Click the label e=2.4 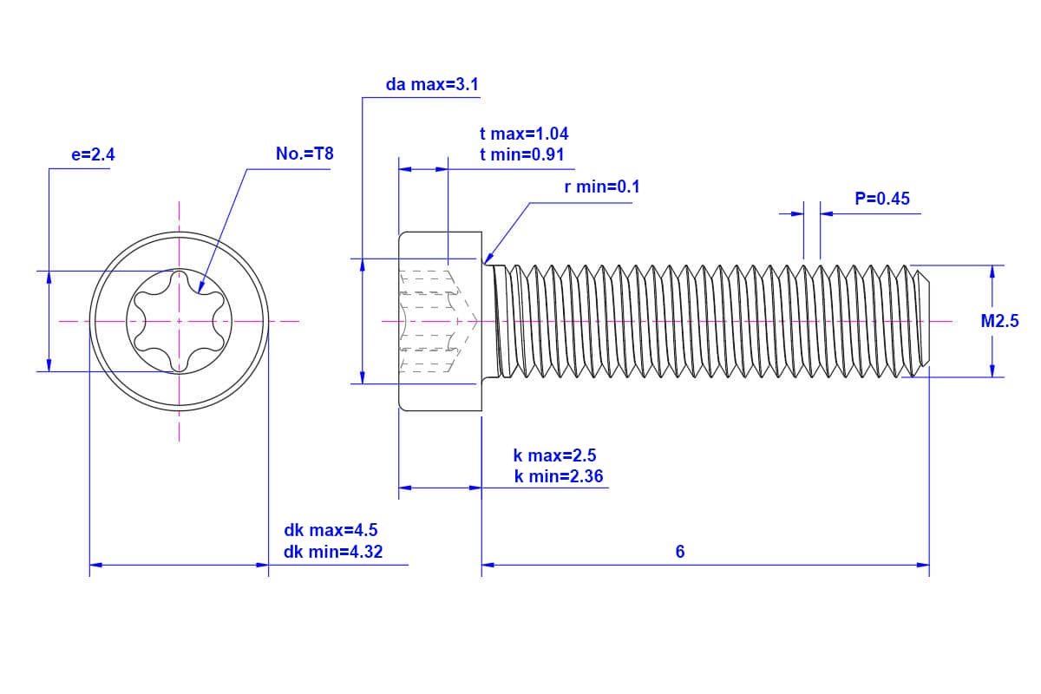(93, 155)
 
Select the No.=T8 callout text (304, 154)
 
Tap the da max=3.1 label (432, 85)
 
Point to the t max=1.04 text (524, 134)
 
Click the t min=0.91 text (522, 154)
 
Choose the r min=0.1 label (602, 187)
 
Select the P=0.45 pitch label (882, 199)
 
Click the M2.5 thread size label (999, 321)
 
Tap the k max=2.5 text (555, 455)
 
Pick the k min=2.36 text (559, 476)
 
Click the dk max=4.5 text (331, 530)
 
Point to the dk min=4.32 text (333, 552)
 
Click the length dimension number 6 (680, 552)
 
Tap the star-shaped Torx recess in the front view (180, 321)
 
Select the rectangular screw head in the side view (440, 321)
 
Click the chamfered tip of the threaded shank (924, 321)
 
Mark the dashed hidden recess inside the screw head (434, 321)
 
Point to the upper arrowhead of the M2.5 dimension (992, 272)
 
